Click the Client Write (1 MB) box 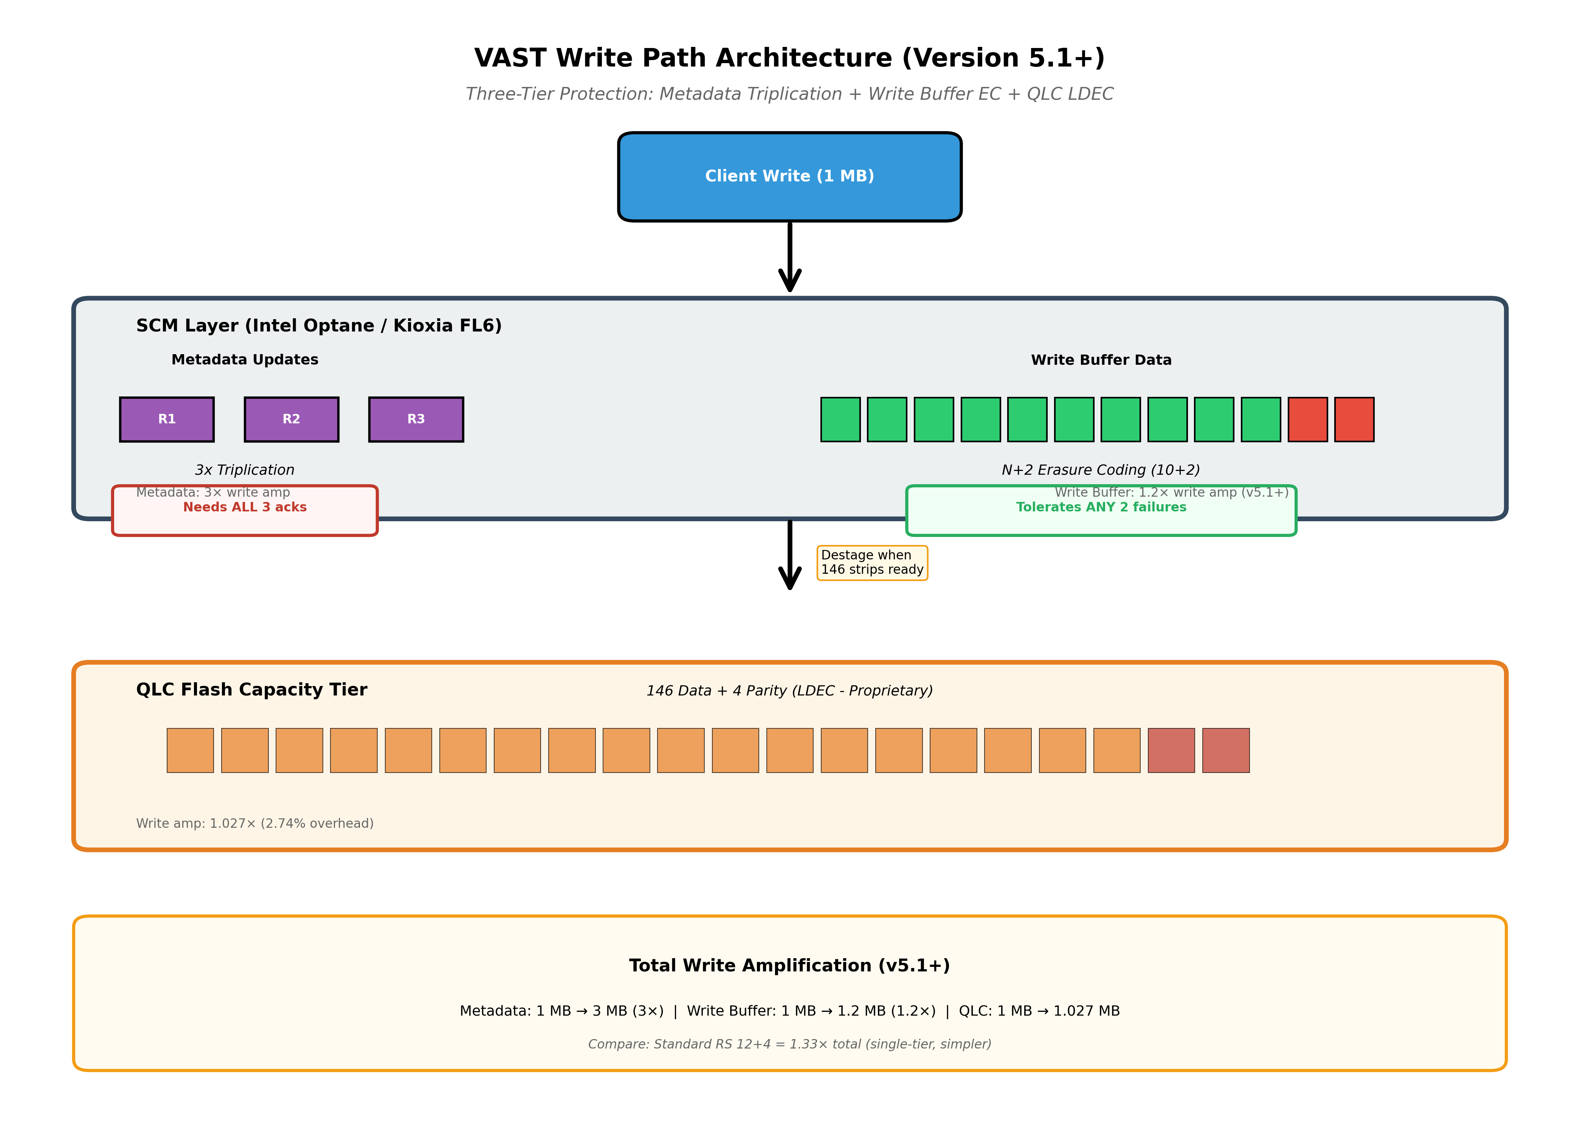(789, 177)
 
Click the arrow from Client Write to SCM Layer (789, 257)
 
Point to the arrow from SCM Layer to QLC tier (789, 554)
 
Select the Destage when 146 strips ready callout (872, 562)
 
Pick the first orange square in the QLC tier (190, 750)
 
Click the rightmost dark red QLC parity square (1226, 750)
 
